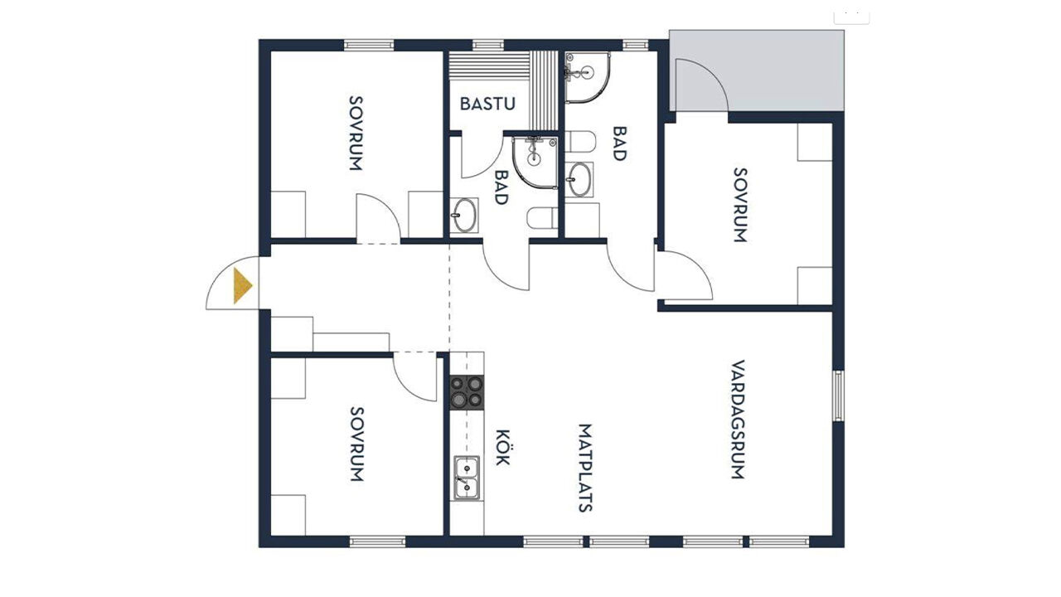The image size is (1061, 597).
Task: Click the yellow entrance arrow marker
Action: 242,286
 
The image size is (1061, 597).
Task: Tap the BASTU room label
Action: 487,104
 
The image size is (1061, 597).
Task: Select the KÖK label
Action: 503,447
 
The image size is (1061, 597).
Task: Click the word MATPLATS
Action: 585,468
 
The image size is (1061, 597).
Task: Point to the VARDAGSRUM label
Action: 738,420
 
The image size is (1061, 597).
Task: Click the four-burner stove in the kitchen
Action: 467,392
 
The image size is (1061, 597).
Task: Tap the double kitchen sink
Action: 467,478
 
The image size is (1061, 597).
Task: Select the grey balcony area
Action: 757,71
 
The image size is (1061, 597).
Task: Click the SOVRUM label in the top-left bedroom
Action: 356,133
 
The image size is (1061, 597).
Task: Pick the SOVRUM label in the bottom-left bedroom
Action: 356,444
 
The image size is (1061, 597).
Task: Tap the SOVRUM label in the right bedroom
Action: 740,205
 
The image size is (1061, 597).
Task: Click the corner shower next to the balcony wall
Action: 588,77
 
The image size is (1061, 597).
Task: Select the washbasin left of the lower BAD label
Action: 464,216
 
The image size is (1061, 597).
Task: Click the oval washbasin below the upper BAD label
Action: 579,180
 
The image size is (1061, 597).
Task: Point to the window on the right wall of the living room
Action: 838,396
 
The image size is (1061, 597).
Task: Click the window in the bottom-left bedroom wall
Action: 377,541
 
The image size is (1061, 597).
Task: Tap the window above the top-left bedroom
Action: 369,45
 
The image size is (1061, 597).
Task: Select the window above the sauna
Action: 488,45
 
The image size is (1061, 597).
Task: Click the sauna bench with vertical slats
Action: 544,90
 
